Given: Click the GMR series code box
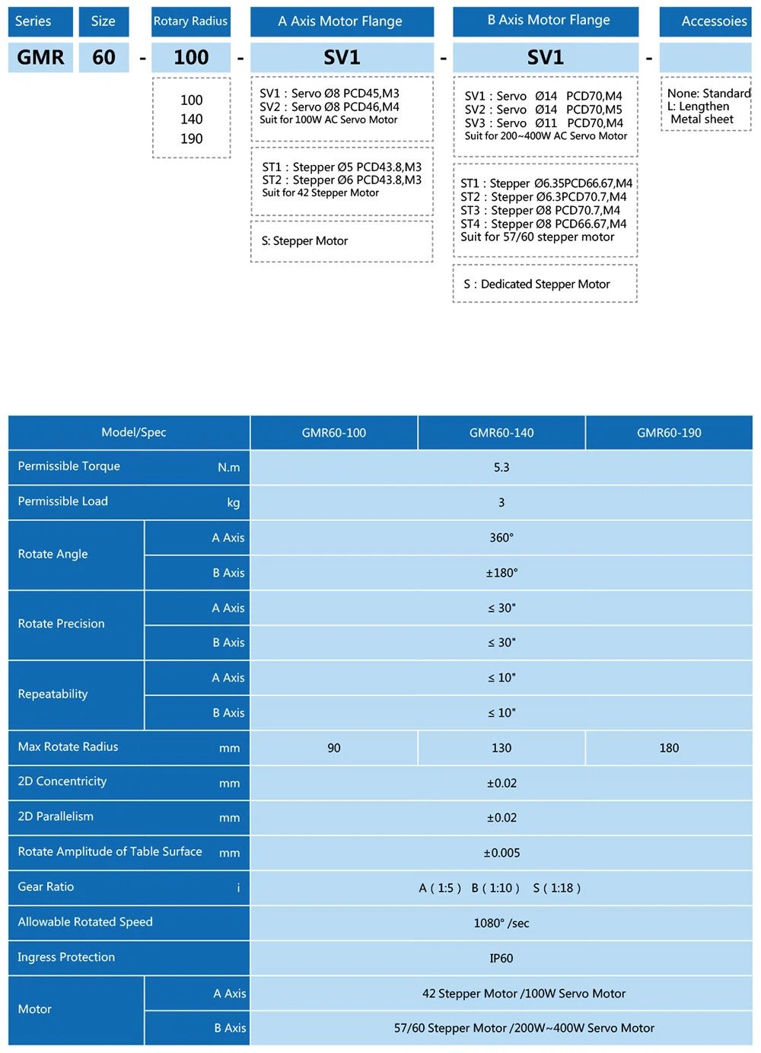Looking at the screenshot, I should click(x=41, y=58).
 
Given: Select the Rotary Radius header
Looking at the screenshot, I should click(x=190, y=21).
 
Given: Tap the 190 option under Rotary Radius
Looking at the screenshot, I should click(x=192, y=138).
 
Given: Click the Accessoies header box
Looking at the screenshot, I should click(x=705, y=21).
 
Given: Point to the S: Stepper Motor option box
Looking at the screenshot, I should click(x=342, y=241).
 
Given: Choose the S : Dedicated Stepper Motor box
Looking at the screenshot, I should click(x=545, y=284).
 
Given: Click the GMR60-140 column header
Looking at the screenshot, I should click(x=501, y=433).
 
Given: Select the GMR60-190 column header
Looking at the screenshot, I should click(x=669, y=433).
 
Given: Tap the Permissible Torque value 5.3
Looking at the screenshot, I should click(x=501, y=467).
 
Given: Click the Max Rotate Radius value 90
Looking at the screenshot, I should click(x=334, y=748).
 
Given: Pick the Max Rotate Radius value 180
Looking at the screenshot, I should click(x=669, y=748).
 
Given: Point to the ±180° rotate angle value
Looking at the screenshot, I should click(x=501, y=573).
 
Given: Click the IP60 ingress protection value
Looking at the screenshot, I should click(x=501, y=958).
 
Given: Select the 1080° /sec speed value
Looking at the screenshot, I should click(x=501, y=923).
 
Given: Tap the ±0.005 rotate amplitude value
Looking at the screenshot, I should click(x=501, y=853).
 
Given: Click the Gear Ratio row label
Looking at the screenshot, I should click(x=46, y=887).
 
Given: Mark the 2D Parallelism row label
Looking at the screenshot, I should click(x=56, y=816).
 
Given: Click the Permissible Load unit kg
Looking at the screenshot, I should click(x=233, y=502).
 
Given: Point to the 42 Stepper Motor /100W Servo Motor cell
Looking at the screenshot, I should click(x=524, y=994).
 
